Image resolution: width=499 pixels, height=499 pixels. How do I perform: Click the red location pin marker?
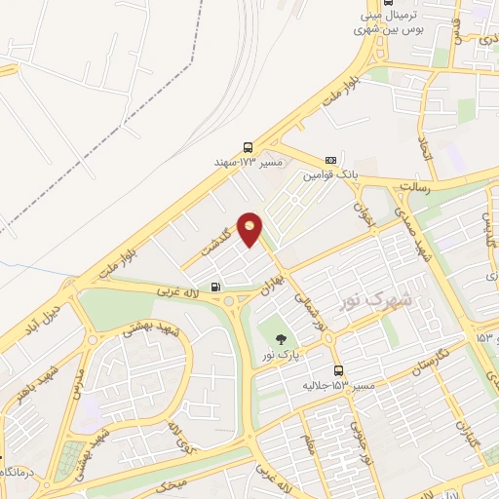click(x=250, y=228)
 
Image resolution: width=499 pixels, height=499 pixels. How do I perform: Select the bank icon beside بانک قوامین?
click(x=330, y=160)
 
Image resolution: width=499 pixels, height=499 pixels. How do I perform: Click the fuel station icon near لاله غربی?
click(x=215, y=287)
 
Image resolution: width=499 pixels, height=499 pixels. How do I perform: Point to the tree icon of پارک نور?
click(x=282, y=338)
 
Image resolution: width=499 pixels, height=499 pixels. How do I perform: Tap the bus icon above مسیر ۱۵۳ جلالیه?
click(x=338, y=370)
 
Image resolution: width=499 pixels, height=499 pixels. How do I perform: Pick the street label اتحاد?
click(x=425, y=149)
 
